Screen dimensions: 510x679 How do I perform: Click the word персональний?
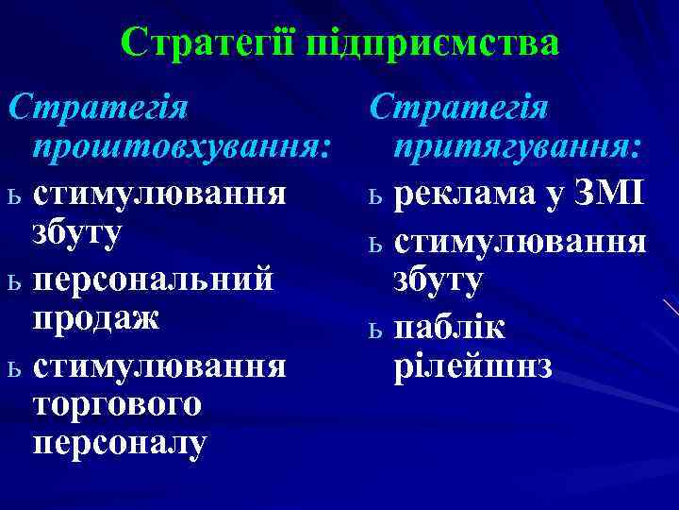[x=153, y=281]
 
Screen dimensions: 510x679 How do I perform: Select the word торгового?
[x=117, y=404]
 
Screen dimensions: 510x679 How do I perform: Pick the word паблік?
[x=450, y=326]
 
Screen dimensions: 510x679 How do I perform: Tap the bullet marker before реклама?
[x=375, y=195]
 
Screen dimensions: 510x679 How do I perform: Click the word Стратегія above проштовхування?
[x=98, y=106]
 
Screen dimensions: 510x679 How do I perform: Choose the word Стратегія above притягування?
[x=459, y=106]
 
